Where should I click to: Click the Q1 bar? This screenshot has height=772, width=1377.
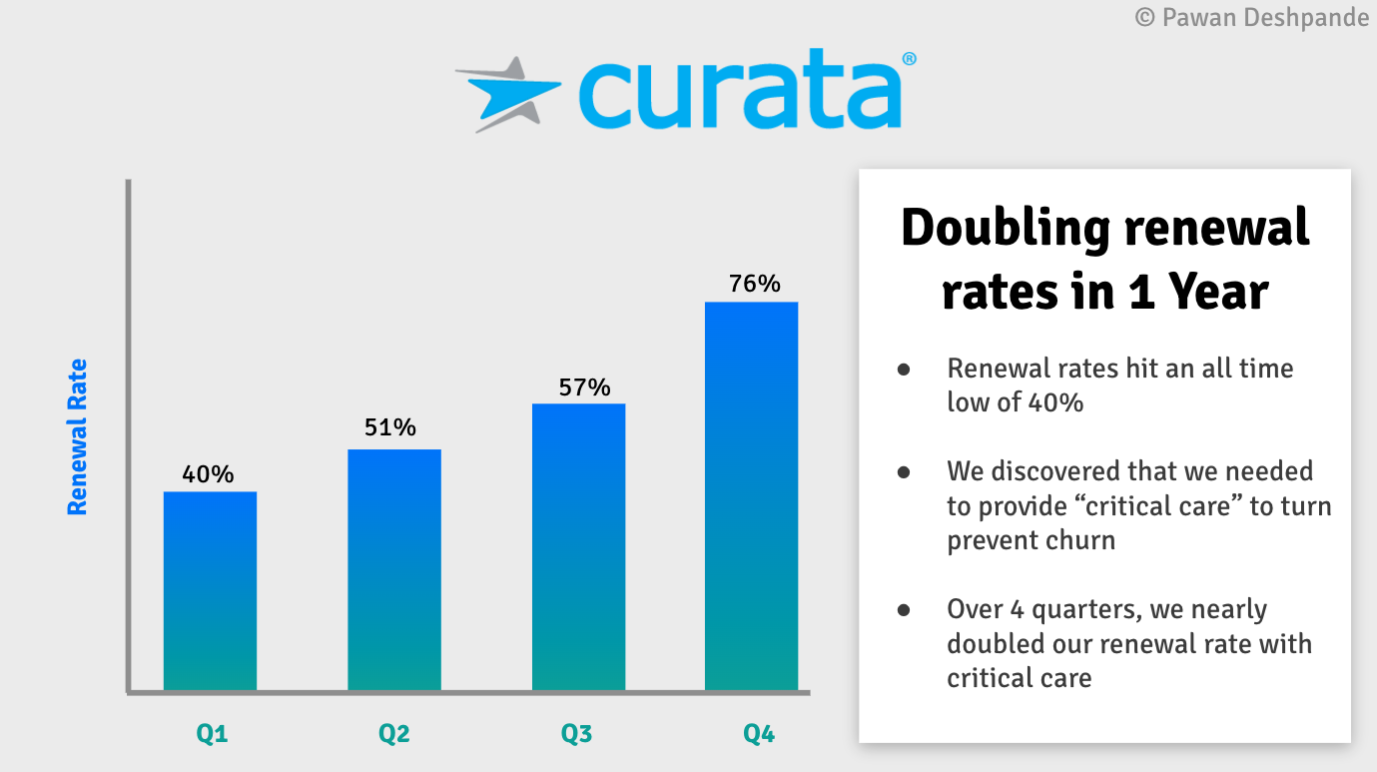click(x=210, y=590)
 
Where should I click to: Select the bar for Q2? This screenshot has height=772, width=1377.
click(x=394, y=569)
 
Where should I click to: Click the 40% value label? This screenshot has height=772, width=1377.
click(x=208, y=474)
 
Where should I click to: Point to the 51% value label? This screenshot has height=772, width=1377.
click(x=390, y=428)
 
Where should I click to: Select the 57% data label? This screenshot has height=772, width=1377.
click(x=584, y=387)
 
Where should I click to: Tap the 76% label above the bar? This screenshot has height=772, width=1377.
click(x=755, y=284)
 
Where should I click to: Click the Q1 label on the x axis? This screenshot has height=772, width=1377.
click(x=212, y=735)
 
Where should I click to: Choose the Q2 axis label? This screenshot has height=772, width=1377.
click(x=394, y=735)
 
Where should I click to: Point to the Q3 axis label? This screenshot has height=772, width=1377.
click(x=576, y=735)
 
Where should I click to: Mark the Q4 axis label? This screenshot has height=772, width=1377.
click(x=759, y=735)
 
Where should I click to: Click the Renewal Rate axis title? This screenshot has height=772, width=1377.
click(x=77, y=436)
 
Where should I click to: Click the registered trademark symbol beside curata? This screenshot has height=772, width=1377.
click(x=909, y=60)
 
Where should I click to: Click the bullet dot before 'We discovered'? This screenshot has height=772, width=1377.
click(x=904, y=471)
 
